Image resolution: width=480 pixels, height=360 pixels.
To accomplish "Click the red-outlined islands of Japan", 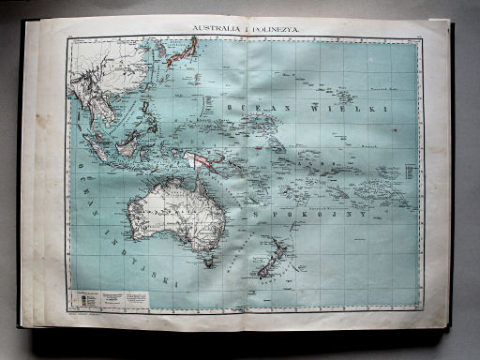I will pyautogui.click(x=177, y=52).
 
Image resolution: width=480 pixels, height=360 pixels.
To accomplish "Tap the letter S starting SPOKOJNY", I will pyautogui.click(x=253, y=217).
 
